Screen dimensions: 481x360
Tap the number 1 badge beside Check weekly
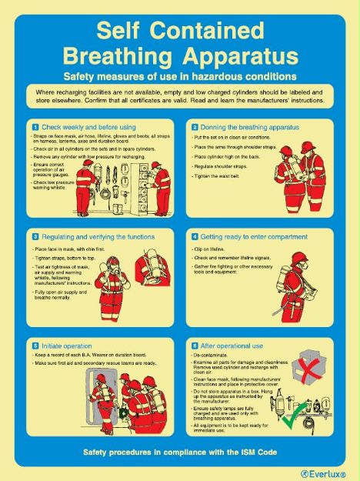pyautogui.click(x=35, y=126)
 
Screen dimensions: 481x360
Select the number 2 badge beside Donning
pyautogui.click(x=195, y=126)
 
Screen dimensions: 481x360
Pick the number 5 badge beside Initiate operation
pyautogui.click(x=35, y=346)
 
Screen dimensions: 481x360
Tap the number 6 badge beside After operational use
pyautogui.click(x=195, y=346)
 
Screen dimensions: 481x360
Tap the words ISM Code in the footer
pyautogui.click(x=253, y=452)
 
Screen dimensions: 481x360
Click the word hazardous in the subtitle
pyautogui.click(x=208, y=76)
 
